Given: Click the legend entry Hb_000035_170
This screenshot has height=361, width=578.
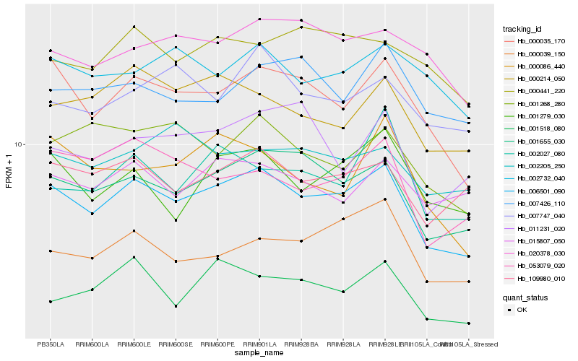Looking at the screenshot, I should [540, 42].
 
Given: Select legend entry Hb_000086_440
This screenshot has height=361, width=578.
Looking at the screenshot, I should [540, 66].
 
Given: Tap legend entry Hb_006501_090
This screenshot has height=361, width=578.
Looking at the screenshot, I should [540, 191].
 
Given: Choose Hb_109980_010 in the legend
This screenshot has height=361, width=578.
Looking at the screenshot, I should [540, 278].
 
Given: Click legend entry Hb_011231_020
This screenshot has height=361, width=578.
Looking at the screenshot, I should [540, 228].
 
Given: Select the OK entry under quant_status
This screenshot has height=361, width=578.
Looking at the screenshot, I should [522, 310].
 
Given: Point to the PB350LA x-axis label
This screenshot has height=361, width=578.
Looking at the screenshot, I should [50, 344].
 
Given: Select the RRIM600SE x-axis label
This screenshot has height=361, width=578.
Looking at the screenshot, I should [176, 344].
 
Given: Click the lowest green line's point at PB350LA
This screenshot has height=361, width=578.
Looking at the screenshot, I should [50, 301].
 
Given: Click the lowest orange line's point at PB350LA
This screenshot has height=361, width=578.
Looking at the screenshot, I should [50, 251].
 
